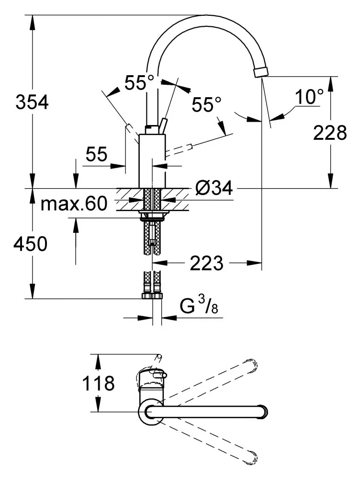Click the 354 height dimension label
[x=32, y=102]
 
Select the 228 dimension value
[x=330, y=133]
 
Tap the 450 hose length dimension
[x=30, y=244]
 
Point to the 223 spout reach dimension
[x=206, y=262]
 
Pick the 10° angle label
[x=308, y=97]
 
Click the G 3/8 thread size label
[x=201, y=305]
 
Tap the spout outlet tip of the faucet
[x=261, y=72]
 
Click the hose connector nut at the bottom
[x=152, y=296]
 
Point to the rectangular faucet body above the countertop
[x=152, y=161]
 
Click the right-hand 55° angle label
[x=207, y=104]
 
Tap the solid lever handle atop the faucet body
[x=164, y=125]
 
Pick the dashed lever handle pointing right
[x=180, y=149]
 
